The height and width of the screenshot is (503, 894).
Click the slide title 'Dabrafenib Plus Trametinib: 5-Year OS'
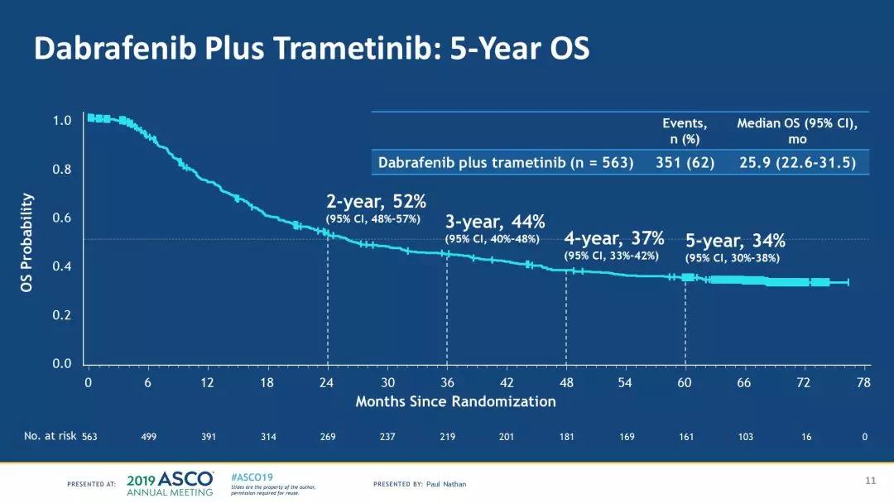(x=311, y=49)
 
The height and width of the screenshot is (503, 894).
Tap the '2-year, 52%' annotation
(x=377, y=200)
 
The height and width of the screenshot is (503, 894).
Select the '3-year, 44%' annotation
(x=495, y=222)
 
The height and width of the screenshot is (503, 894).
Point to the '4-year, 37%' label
(x=614, y=239)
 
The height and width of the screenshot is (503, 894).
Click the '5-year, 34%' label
(x=735, y=241)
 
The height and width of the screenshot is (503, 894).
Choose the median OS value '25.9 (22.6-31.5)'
(x=797, y=162)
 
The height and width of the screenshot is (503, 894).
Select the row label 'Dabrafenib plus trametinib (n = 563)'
(x=506, y=162)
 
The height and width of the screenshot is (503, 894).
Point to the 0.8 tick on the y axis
(x=63, y=170)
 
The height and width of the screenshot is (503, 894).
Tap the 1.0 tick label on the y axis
(x=63, y=121)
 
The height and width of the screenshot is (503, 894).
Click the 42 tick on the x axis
(x=507, y=382)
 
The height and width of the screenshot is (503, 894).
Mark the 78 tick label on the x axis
(x=864, y=382)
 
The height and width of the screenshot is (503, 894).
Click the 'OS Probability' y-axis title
(x=28, y=242)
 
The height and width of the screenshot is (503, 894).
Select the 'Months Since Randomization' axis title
(x=455, y=401)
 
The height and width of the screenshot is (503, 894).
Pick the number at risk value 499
(x=148, y=436)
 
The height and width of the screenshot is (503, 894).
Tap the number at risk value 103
(x=745, y=436)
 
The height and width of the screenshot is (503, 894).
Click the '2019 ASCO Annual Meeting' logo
(x=171, y=482)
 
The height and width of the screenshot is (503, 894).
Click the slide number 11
(x=869, y=480)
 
